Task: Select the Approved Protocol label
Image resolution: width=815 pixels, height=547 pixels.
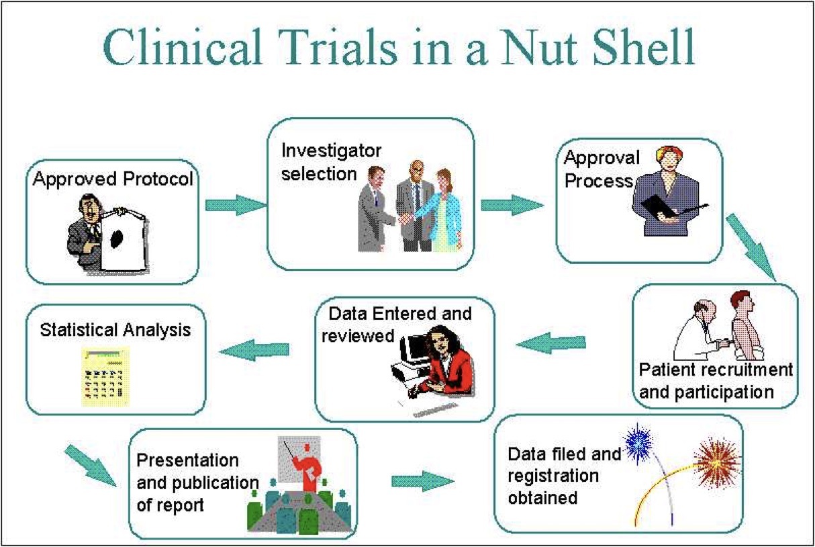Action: point(113,179)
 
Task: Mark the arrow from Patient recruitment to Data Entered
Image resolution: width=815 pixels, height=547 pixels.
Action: point(551,345)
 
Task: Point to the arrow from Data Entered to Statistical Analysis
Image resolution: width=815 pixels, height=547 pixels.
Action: point(255,349)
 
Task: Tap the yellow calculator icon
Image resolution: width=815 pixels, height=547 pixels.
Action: point(103,377)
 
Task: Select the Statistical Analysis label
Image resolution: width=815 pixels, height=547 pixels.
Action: point(115,330)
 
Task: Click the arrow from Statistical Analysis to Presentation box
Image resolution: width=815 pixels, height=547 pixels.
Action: point(90,463)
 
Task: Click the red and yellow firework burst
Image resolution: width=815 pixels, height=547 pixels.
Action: point(717,463)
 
